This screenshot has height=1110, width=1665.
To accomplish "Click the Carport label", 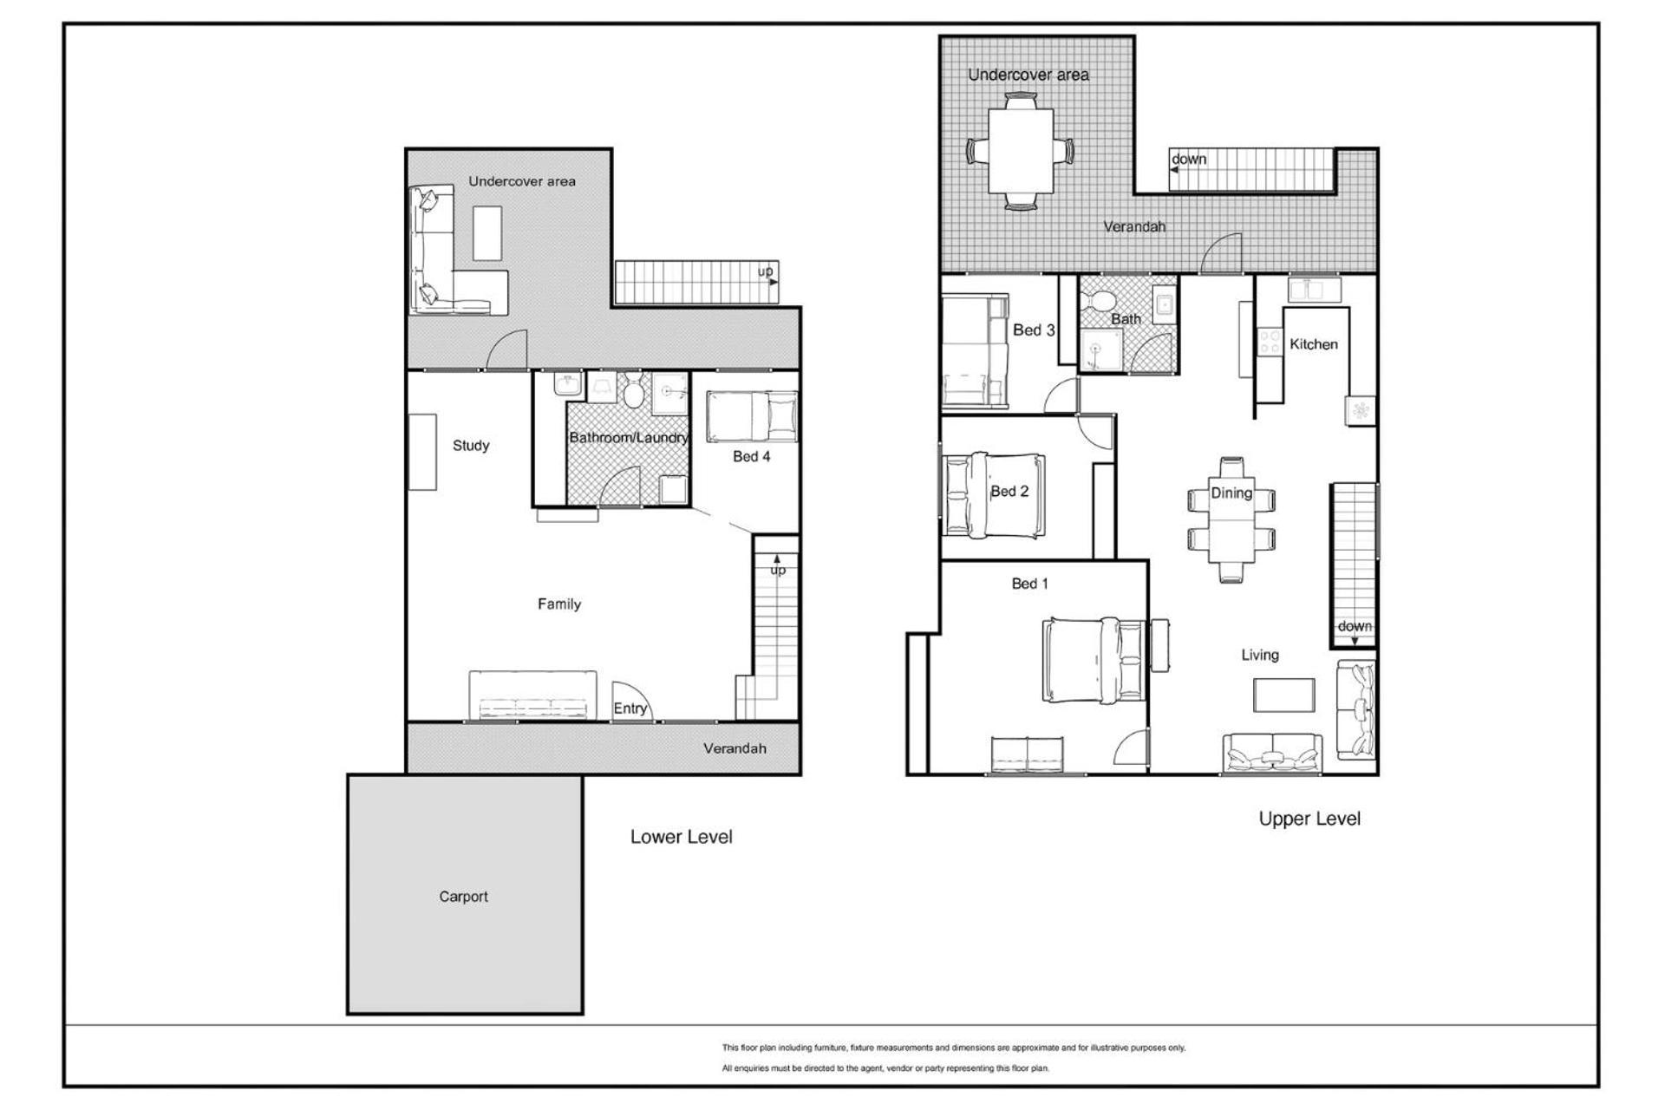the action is tap(463, 897).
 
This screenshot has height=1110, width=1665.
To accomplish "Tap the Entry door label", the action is tap(630, 708).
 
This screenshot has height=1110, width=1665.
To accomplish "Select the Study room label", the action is tap(471, 446).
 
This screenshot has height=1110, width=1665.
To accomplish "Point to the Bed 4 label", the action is tap(751, 456).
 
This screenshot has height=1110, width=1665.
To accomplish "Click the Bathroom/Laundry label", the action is tap(629, 438).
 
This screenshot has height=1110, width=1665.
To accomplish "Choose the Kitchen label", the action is tap(1314, 344).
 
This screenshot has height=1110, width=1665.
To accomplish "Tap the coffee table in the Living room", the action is tap(1284, 695).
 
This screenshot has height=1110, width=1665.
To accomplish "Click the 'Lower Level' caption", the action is tap(682, 837).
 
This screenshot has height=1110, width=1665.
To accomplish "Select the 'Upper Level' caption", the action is tap(1309, 819).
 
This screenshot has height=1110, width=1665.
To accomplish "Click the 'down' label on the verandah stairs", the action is tap(1189, 160).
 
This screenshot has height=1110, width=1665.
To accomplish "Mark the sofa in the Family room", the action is tap(532, 695).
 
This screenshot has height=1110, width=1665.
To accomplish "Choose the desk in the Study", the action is tap(422, 452).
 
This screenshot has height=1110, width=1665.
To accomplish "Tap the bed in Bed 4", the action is tap(752, 416).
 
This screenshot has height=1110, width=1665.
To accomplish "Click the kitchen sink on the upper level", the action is tap(1315, 289).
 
